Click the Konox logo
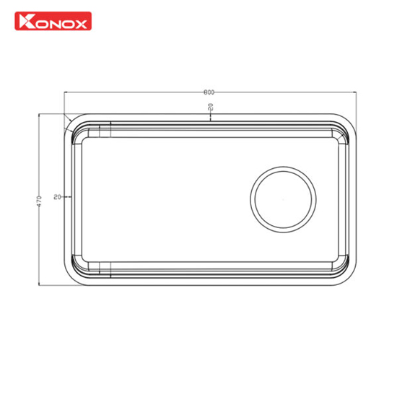click(x=53, y=21)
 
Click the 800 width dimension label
click(x=209, y=92)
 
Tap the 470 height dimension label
click(x=39, y=201)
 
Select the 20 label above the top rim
click(x=211, y=107)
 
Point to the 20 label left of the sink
click(x=58, y=197)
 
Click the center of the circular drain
click(x=283, y=199)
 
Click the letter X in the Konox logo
click(x=81, y=25)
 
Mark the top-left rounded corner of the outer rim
click(x=71, y=121)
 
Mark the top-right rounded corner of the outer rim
click(x=349, y=121)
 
